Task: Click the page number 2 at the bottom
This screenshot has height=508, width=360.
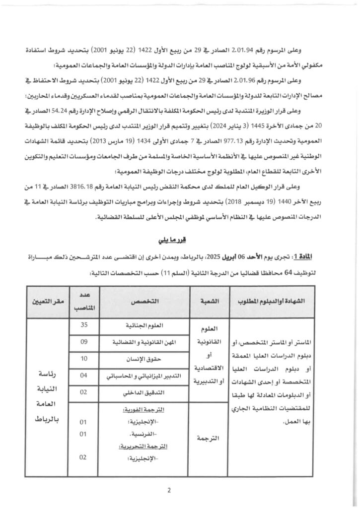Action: click(169, 491)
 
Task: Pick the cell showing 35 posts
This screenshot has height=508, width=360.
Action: click(84, 325)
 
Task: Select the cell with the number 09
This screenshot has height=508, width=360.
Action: click(84, 343)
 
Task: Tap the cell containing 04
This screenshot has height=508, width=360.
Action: click(84, 376)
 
